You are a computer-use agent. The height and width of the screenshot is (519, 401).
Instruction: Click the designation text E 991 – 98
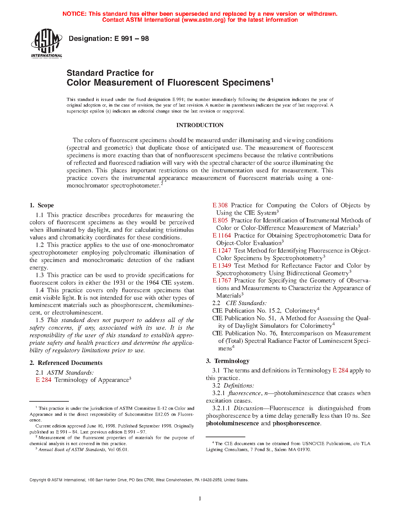109,39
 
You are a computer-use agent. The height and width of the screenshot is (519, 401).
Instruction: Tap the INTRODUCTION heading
200,125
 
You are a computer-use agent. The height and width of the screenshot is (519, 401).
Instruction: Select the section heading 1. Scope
42,205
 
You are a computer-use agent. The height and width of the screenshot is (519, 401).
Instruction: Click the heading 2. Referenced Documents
66,363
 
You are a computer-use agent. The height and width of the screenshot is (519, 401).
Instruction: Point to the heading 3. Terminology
228,361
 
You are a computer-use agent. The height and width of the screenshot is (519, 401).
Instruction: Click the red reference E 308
220,205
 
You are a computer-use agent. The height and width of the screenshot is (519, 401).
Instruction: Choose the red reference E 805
220,220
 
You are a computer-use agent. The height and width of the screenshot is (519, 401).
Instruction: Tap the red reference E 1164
221,236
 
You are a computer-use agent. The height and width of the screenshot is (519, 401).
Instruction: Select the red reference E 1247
221,251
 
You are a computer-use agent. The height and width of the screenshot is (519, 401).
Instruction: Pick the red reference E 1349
221,266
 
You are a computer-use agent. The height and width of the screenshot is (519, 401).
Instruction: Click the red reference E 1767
221,281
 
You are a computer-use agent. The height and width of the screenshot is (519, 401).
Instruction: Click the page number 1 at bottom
200,498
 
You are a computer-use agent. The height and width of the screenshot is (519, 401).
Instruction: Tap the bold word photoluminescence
232,423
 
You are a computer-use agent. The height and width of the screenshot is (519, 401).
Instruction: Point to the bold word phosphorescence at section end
296,423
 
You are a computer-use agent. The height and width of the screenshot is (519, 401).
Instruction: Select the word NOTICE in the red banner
74,14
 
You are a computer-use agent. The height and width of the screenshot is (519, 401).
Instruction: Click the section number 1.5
40,320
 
